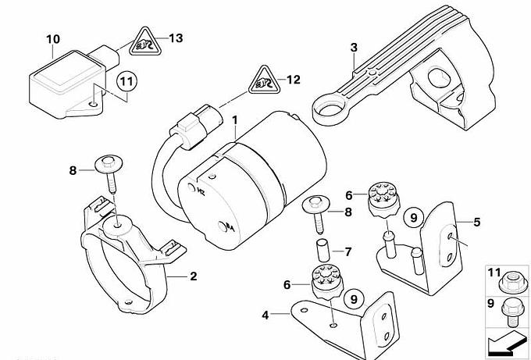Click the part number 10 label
[x=52, y=38]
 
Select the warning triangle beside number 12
[x=263, y=81]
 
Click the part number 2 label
[x=193, y=276]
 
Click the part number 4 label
[x=265, y=315]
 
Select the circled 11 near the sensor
[x=127, y=80]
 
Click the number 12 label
[x=293, y=79]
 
